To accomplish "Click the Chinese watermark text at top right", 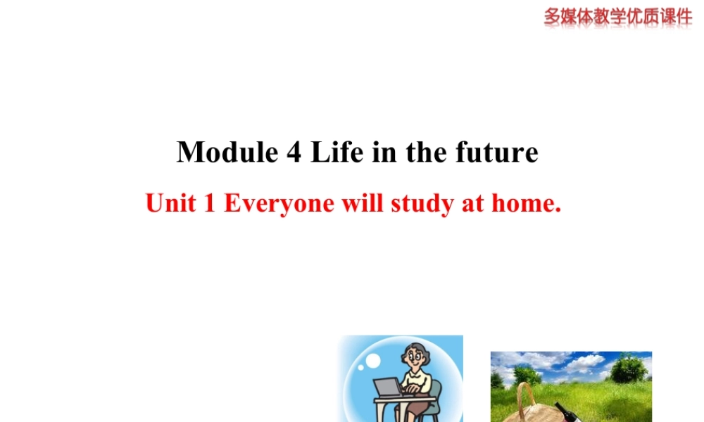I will click(x=617, y=15).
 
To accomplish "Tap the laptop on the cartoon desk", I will click(x=387, y=388).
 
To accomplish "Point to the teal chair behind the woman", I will click(x=437, y=394).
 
